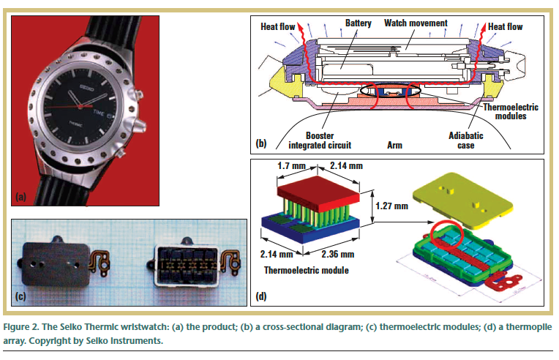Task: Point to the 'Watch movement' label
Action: [x=415, y=23]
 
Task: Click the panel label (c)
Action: [x=23, y=297]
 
